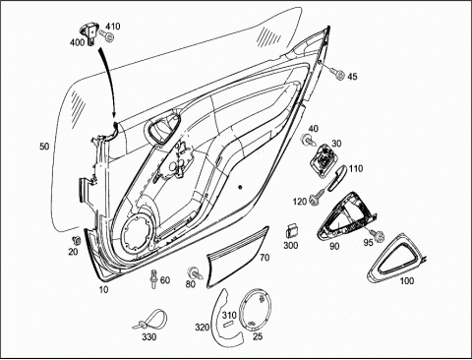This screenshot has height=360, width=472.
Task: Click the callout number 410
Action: click(x=112, y=26)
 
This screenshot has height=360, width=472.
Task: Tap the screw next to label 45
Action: click(x=337, y=73)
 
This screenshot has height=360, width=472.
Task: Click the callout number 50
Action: click(x=44, y=147)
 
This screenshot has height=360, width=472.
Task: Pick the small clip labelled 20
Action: click(x=78, y=240)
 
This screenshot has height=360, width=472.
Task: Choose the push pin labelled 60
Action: click(x=153, y=278)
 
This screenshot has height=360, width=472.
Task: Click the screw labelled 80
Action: click(x=195, y=272)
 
